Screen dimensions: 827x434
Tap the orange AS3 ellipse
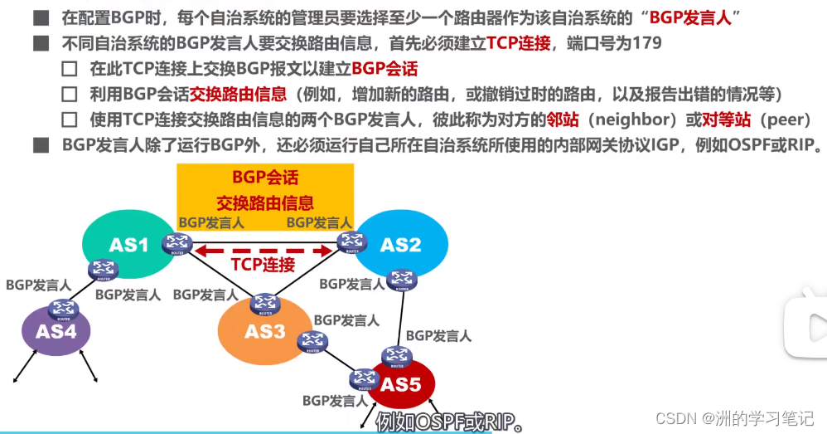click(x=265, y=331)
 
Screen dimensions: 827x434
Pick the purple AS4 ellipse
click(x=56, y=332)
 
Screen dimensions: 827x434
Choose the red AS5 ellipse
click(x=401, y=384)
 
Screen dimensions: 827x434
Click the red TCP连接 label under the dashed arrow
click(x=263, y=264)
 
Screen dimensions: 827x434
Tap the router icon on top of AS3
click(x=265, y=304)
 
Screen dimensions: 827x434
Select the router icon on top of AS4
click(x=63, y=310)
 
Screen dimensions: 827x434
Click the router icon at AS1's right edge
click(x=177, y=244)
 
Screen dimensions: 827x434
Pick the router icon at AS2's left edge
click(x=352, y=242)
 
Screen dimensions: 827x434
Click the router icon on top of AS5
click(x=397, y=357)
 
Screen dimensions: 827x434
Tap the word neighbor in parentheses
click(x=632, y=119)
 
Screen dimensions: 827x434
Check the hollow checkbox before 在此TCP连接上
click(x=70, y=69)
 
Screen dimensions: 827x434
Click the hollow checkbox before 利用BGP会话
click(x=70, y=94)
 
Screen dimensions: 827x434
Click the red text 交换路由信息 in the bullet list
click(x=238, y=94)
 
